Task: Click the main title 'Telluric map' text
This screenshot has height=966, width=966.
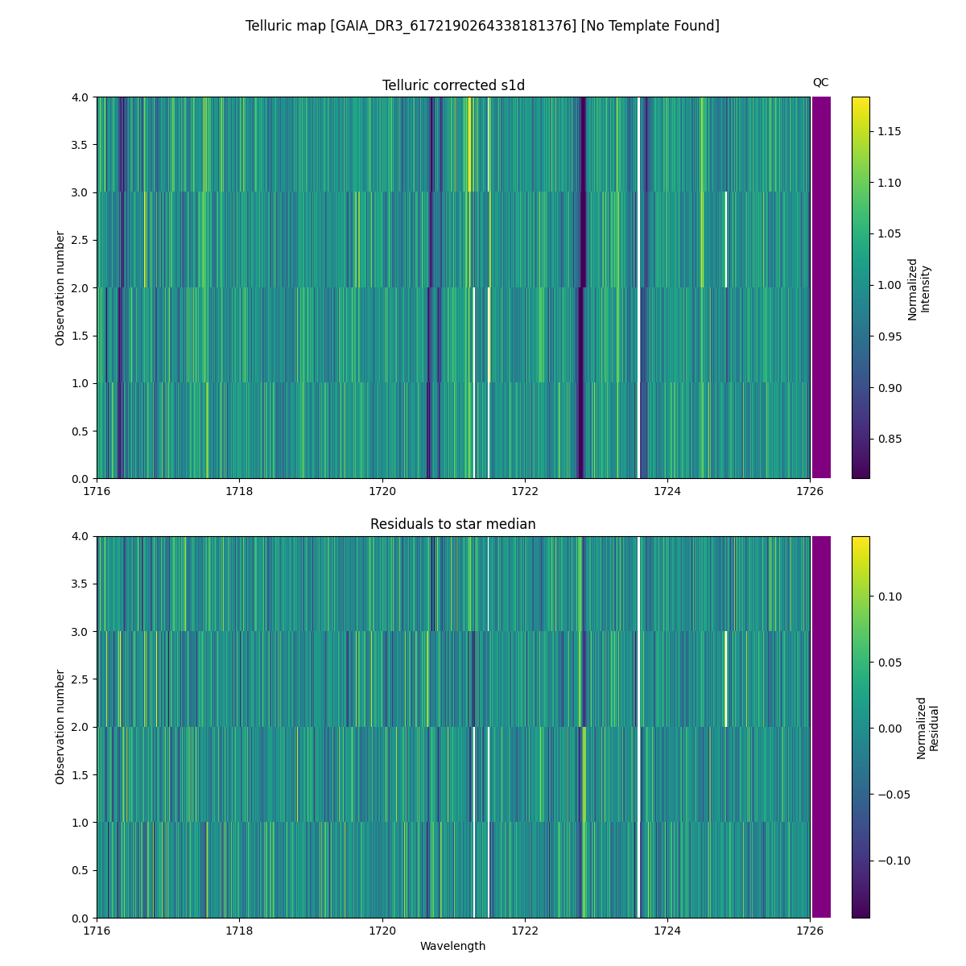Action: (x=482, y=26)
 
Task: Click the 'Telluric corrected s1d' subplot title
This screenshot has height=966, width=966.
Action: (x=453, y=85)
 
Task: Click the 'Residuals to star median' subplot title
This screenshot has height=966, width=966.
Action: (x=453, y=524)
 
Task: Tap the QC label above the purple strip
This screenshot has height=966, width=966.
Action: (x=820, y=82)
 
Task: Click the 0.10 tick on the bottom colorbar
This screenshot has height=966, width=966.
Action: (x=885, y=597)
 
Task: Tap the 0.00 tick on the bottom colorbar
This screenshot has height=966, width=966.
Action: (x=885, y=729)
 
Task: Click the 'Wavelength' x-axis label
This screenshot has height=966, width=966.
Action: (x=453, y=946)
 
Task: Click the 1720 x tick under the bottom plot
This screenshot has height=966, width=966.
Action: (x=382, y=931)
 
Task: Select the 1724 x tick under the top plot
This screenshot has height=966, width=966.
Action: (x=667, y=491)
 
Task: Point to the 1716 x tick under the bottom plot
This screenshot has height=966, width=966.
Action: (x=97, y=931)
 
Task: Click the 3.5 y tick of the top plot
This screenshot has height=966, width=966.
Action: (x=80, y=145)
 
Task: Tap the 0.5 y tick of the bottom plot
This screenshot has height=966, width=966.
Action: (x=80, y=870)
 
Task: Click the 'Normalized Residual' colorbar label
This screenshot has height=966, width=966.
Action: (x=927, y=728)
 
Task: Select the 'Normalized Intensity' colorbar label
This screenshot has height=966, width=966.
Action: (x=919, y=288)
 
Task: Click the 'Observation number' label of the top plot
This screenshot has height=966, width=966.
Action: (x=60, y=288)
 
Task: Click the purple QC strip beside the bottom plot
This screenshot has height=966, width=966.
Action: (x=821, y=727)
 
